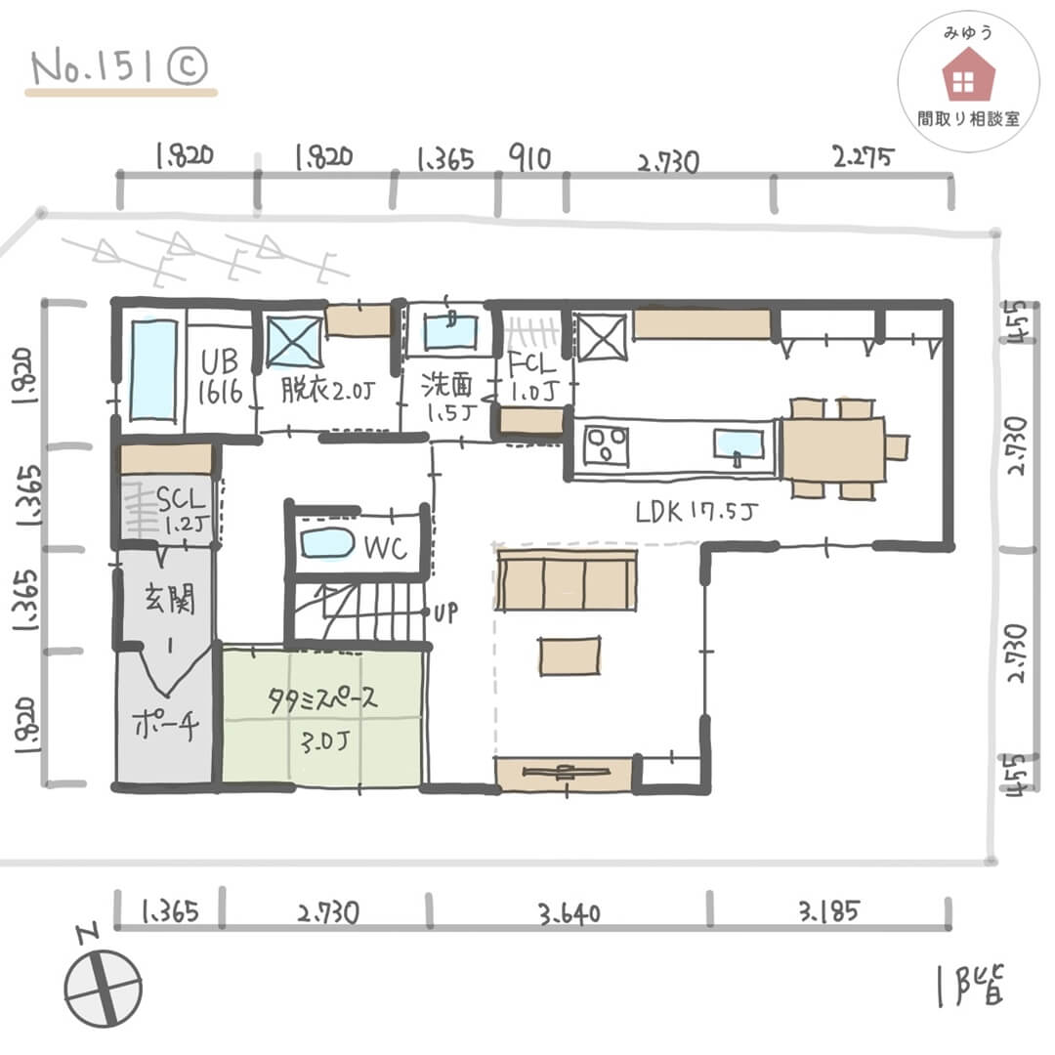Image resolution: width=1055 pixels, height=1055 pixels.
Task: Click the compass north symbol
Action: [x=104, y=987]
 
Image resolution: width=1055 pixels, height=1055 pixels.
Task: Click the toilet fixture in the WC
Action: [x=327, y=542]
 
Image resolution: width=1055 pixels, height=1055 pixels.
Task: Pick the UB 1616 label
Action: [x=221, y=379]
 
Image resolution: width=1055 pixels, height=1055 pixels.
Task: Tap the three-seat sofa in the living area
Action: [x=567, y=581]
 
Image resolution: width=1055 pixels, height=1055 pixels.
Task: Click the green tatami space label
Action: [x=322, y=718]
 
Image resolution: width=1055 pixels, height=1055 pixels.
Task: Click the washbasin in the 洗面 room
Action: [x=451, y=329]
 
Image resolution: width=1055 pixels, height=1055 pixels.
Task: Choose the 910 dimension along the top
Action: [x=530, y=157]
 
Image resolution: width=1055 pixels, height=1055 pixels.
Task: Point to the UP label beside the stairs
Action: [x=445, y=613]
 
